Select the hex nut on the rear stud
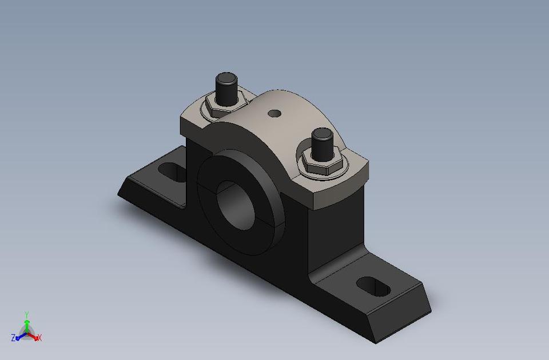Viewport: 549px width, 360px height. [x=225, y=105]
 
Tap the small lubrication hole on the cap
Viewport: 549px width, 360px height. [x=276, y=113]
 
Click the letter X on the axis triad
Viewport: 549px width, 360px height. [x=39, y=337]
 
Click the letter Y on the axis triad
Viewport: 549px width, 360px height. [x=27, y=314]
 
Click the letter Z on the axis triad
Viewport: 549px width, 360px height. [x=13, y=338]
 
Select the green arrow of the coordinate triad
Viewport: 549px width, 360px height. [x=26, y=324]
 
